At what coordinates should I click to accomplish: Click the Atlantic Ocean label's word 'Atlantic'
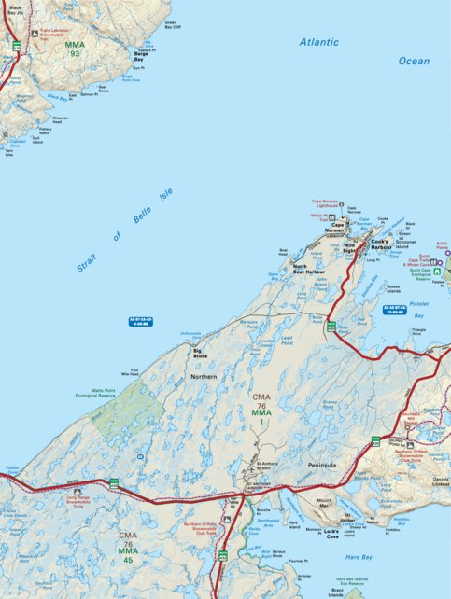[319, 43]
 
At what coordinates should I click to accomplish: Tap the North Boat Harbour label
[308, 270]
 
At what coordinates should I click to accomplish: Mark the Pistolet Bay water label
[418, 309]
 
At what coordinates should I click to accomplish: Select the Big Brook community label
[201, 353]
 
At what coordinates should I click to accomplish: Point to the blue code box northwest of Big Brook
[140, 321]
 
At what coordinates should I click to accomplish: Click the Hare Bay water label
[359, 557]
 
